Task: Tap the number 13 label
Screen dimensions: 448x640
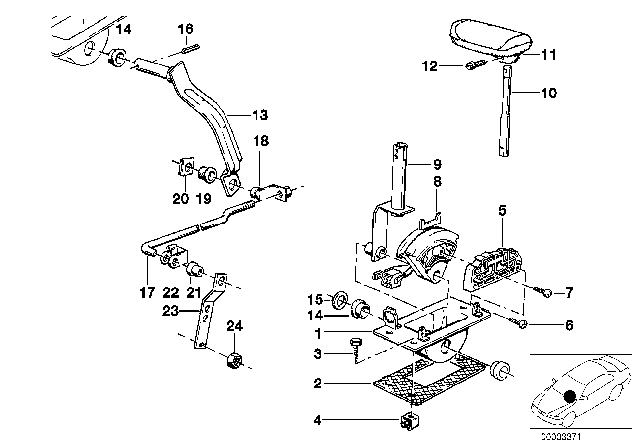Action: pos(231,114)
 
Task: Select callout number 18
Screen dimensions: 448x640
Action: pos(259,143)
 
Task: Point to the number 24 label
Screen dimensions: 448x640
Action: pos(234,325)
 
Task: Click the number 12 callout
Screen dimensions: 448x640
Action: pos(430,66)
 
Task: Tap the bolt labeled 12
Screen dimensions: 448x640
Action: pos(475,67)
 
